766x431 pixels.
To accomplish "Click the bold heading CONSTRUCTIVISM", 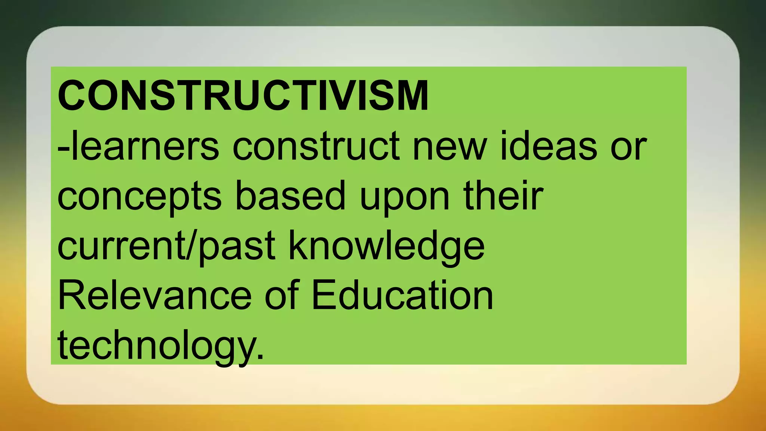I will click(243, 95).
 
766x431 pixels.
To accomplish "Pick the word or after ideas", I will click(628, 147).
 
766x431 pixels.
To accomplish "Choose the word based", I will click(290, 196).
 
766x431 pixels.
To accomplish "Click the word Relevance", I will click(154, 296).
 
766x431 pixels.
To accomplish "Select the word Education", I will click(402, 296).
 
